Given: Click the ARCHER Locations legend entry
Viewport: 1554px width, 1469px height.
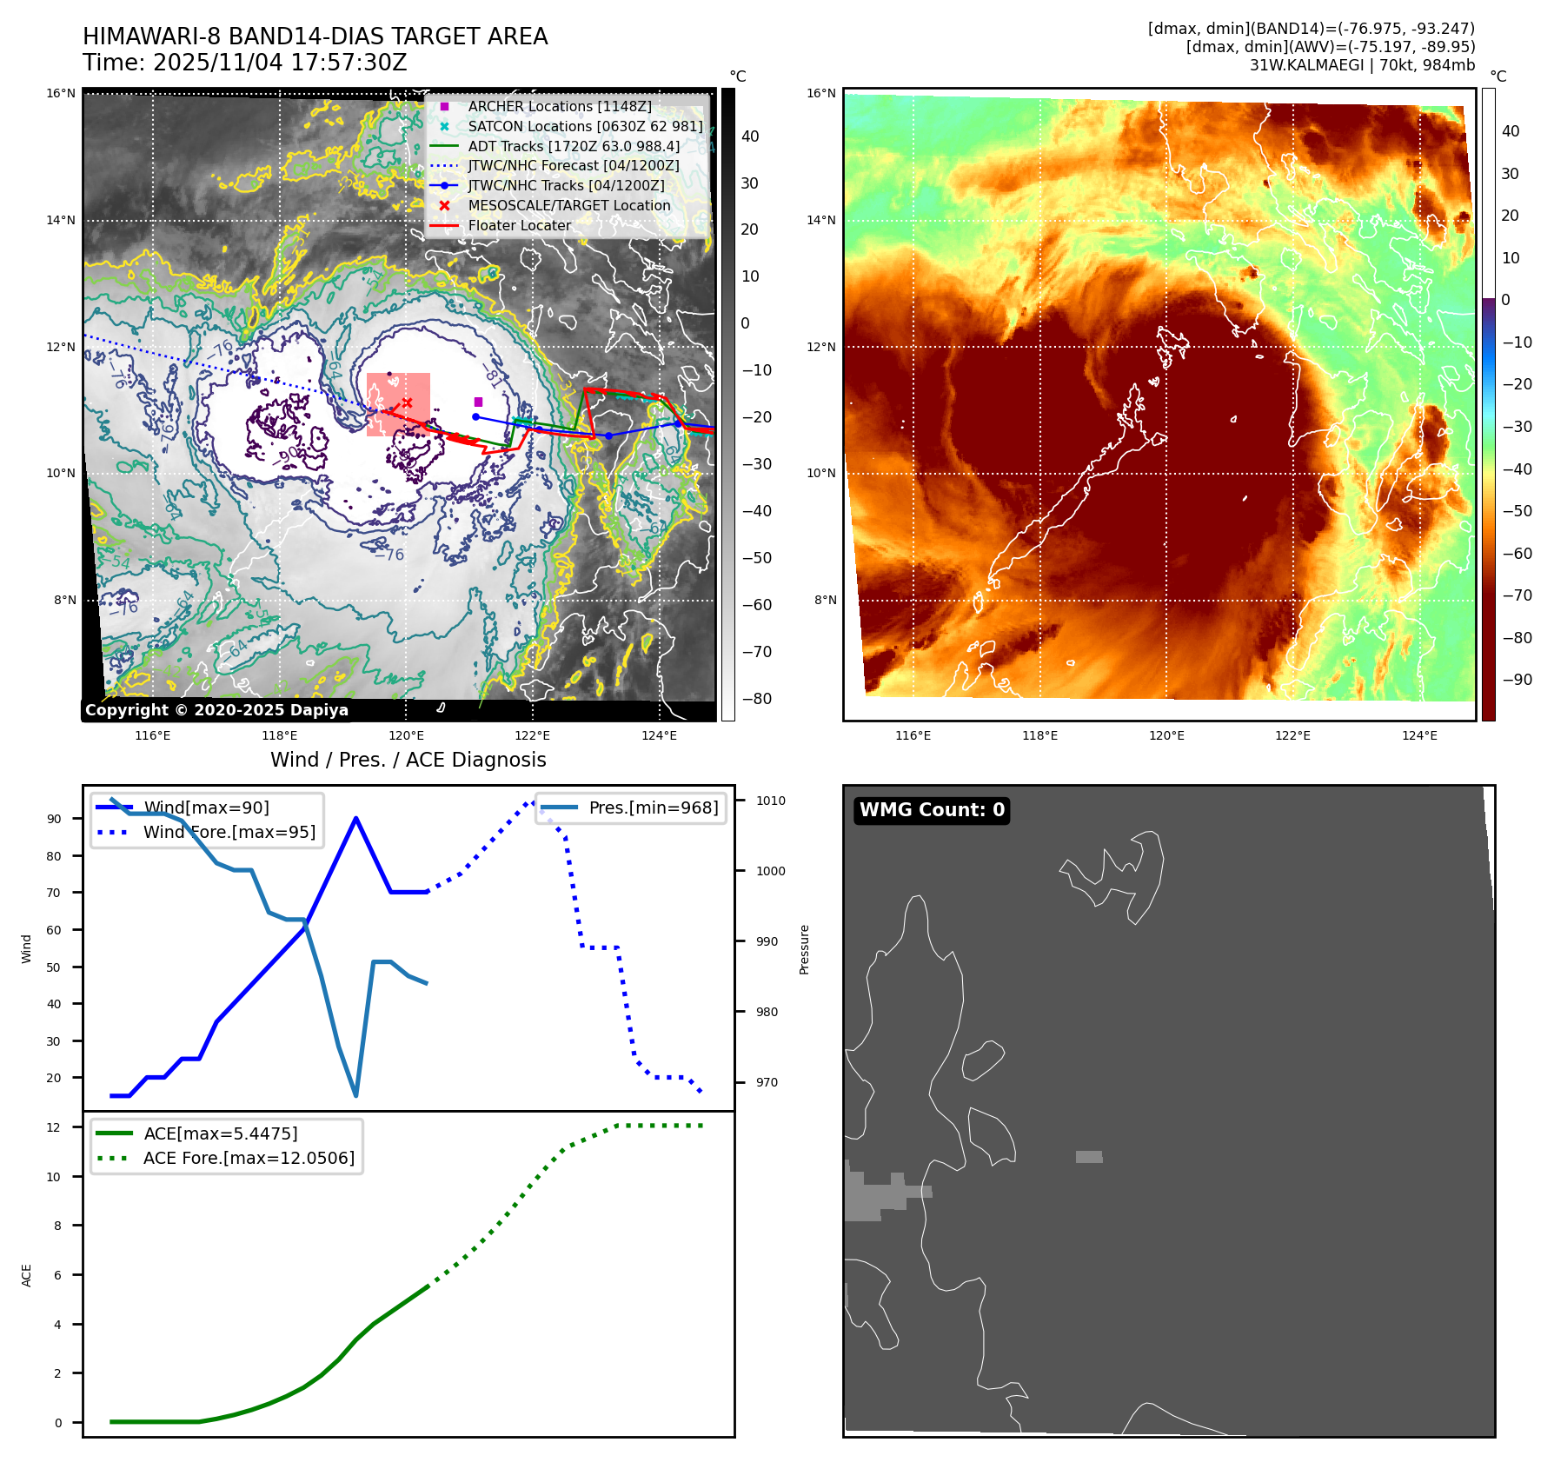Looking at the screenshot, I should pos(559,106).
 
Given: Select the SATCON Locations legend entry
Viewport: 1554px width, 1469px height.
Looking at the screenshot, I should pos(585,126).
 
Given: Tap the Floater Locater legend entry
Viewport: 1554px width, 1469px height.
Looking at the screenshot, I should pos(519,225).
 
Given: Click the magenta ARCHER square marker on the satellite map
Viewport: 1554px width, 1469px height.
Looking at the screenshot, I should pos(478,402).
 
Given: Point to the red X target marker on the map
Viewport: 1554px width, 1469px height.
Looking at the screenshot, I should pos(407,402).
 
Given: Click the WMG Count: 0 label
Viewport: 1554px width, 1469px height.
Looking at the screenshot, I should pos(932,810).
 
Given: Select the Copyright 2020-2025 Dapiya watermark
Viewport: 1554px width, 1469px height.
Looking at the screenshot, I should pos(216,710).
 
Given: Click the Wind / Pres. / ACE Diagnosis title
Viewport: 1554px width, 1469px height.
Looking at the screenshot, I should pos(408,760).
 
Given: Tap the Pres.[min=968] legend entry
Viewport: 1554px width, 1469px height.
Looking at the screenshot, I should pos(653,808).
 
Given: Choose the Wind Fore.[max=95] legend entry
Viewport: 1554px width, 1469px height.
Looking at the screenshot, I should pos(229,832).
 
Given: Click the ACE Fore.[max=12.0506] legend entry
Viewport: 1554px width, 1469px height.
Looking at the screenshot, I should pos(249,1158).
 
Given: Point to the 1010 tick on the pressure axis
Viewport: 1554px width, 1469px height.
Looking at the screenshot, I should pos(770,801).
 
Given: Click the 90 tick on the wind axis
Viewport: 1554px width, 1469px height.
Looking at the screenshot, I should pos(55,819).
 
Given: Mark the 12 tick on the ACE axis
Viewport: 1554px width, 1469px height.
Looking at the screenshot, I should pos(54,1127).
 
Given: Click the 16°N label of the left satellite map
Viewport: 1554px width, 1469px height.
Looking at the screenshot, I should pos(61,93).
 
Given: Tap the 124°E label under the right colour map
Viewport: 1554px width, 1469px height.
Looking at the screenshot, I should pos(1419,735).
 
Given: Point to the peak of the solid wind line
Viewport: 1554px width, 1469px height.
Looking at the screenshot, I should pos(356,818).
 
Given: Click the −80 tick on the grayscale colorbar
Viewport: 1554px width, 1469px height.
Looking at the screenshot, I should pos(756,699).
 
